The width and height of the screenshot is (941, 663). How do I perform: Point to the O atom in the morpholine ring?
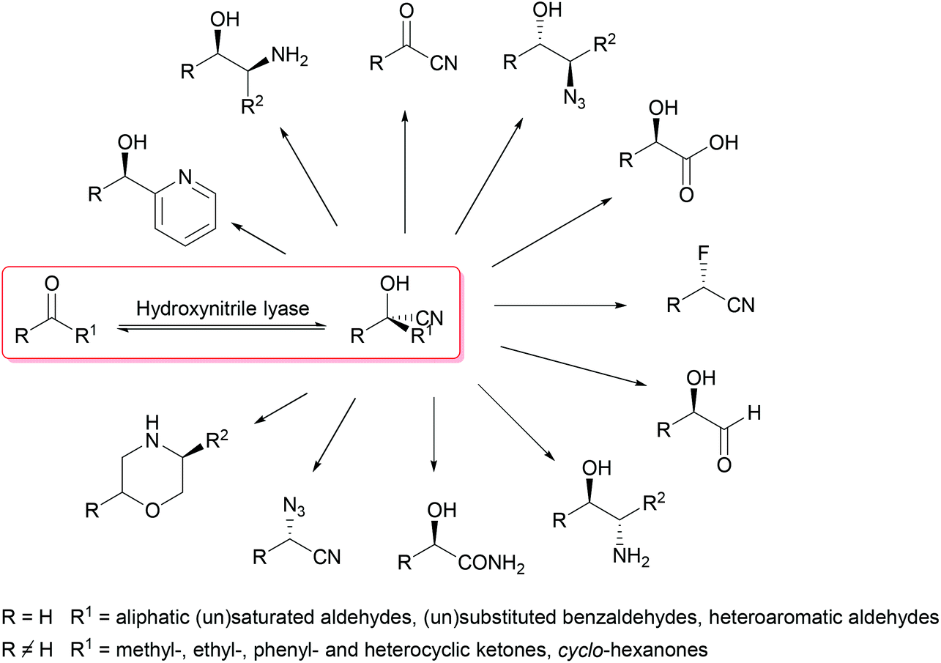click(x=152, y=510)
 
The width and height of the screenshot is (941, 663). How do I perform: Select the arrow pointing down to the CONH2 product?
click(x=434, y=432)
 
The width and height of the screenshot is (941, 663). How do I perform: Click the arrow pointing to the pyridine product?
click(x=258, y=240)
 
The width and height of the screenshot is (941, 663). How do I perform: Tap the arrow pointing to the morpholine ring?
click(x=280, y=407)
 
